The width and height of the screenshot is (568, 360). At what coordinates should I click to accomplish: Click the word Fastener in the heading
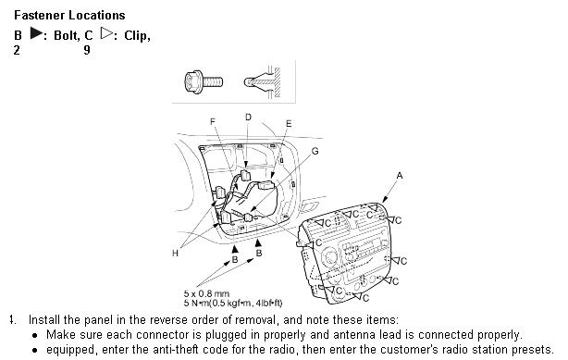click(x=40, y=15)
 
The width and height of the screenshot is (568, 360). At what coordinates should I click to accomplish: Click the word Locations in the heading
click(x=97, y=15)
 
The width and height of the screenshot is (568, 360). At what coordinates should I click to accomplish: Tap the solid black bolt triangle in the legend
click(x=37, y=33)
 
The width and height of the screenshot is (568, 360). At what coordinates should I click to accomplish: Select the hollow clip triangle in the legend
click(x=106, y=33)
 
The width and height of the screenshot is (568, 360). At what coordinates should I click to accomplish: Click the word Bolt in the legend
click(x=67, y=35)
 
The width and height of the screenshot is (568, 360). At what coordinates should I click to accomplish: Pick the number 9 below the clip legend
click(x=87, y=50)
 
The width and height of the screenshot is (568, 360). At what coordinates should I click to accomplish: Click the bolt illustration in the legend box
click(x=204, y=82)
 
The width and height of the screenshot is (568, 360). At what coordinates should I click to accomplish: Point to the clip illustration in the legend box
click(x=263, y=82)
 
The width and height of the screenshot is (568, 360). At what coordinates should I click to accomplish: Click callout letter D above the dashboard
click(x=248, y=118)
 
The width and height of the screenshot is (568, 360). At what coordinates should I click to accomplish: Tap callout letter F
click(x=213, y=122)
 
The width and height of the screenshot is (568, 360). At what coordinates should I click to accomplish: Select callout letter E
click(x=289, y=124)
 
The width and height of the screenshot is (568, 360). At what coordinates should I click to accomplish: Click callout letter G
click(x=315, y=151)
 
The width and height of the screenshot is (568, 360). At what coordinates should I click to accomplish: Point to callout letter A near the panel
click(x=400, y=176)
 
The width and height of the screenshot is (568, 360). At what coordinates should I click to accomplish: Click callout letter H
click(x=176, y=254)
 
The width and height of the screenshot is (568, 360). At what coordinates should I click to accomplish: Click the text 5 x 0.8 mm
click(x=206, y=293)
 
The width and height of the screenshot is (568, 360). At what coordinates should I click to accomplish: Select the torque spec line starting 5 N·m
click(x=233, y=303)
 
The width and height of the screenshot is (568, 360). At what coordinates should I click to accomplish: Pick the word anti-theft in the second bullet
click(x=176, y=350)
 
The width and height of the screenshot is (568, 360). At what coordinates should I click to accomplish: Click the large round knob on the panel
click(x=330, y=256)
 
